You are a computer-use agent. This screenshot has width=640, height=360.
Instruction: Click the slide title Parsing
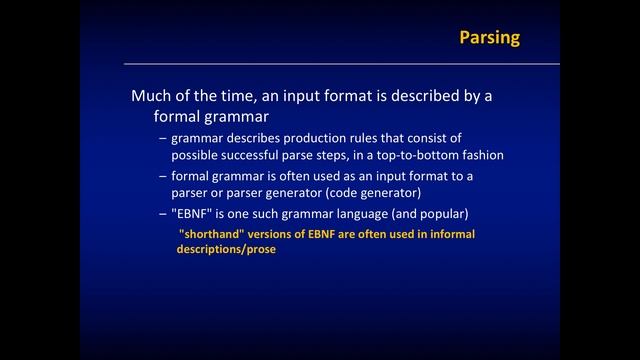pyautogui.click(x=489, y=38)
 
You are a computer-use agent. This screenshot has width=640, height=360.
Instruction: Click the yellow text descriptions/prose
pyautogui.click(x=226, y=249)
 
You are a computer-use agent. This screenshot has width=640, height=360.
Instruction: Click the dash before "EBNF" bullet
pyautogui.click(x=163, y=214)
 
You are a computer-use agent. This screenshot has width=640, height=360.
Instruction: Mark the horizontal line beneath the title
pyautogui.click(x=340, y=64)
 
